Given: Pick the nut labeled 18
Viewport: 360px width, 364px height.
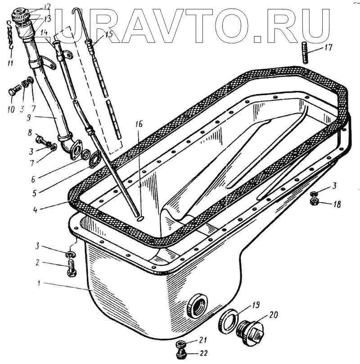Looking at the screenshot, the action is coord(315,201).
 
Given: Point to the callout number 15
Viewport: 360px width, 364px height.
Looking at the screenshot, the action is coord(107,35).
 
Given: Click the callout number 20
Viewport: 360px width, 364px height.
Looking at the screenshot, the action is coord(274,315).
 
